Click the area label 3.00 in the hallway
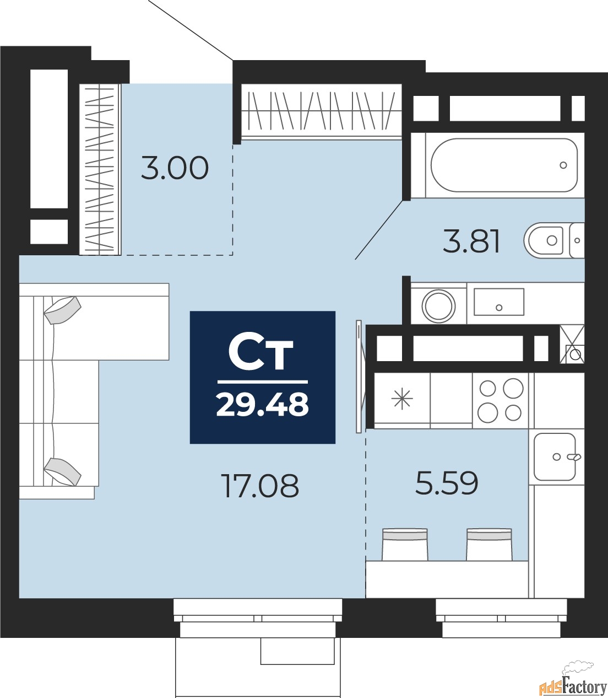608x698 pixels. pos(175,168)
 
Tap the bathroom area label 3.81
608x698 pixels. pos(471,241)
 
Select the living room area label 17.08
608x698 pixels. pos(260,486)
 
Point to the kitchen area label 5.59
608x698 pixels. pos(447,483)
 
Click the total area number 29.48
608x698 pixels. pos(263,404)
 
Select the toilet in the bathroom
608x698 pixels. pos(551,240)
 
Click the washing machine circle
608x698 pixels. pos(439,305)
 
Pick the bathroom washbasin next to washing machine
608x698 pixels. pos(498,303)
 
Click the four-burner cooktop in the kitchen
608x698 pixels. pos(500,400)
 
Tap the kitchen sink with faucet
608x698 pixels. pos(555,457)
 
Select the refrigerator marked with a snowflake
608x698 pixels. pos(402,399)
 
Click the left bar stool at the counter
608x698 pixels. pos(405,544)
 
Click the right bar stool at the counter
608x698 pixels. pos(489,544)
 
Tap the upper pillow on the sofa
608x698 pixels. pos(62,310)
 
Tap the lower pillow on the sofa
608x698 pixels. pos(62,471)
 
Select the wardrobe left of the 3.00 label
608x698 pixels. pos(100,169)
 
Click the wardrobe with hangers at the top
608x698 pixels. pos(322,111)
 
